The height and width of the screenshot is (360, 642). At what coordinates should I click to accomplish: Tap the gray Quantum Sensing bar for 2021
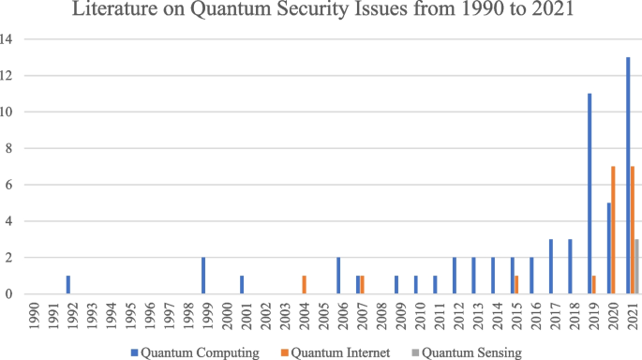point(637,266)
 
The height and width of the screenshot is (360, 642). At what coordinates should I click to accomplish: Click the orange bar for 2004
point(304,285)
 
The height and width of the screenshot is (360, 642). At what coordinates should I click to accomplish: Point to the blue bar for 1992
point(68,285)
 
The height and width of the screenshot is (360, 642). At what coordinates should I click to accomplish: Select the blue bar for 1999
point(203,276)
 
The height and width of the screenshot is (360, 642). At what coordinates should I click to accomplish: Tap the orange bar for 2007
point(362,285)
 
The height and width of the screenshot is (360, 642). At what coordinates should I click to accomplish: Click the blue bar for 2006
point(338,276)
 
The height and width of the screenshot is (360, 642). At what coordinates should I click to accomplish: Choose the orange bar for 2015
point(516,285)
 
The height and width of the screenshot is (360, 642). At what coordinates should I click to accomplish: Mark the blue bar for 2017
point(551,266)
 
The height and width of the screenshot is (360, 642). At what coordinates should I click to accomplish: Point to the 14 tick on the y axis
point(8,39)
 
